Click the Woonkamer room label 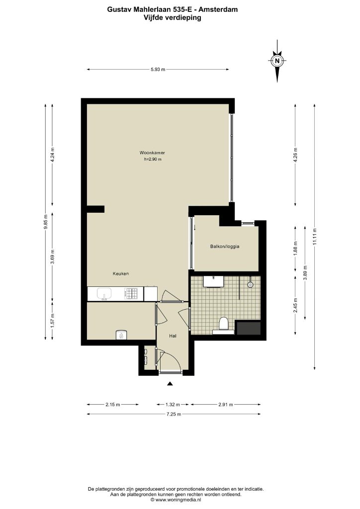[152, 153]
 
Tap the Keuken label [121, 274]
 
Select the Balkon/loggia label [225, 247]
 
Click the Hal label [173, 336]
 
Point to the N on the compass [277, 60]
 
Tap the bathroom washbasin [213, 281]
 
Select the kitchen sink [104, 294]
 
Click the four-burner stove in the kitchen [131, 294]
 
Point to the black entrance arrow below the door [170, 384]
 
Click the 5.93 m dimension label [158, 70]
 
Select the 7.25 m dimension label [174, 414]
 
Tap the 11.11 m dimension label [314, 237]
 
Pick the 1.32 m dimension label [173, 405]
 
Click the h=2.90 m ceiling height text [153, 160]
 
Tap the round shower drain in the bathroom [250, 285]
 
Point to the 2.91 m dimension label [226, 405]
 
